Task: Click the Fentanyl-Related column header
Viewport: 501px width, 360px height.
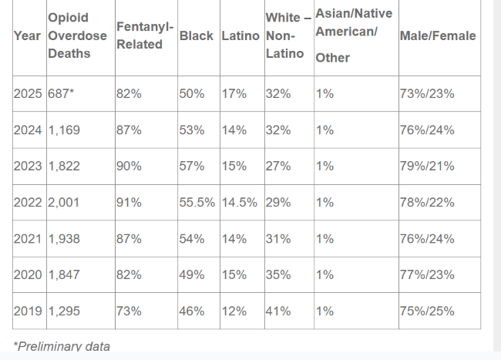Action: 139,35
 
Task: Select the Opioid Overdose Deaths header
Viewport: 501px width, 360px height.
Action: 77,35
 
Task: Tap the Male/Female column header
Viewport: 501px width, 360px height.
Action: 437,35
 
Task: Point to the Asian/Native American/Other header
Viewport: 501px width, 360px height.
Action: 353,35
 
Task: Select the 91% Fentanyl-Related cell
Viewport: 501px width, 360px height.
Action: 129,203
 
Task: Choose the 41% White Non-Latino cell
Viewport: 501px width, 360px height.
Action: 277,311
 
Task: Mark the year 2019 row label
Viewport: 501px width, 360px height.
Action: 29,311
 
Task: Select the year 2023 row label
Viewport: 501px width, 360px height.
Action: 29,167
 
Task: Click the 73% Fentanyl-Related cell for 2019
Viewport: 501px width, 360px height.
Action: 129,311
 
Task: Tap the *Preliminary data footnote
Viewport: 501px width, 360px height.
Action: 62,346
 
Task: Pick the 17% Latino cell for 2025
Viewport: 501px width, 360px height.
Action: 234,94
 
